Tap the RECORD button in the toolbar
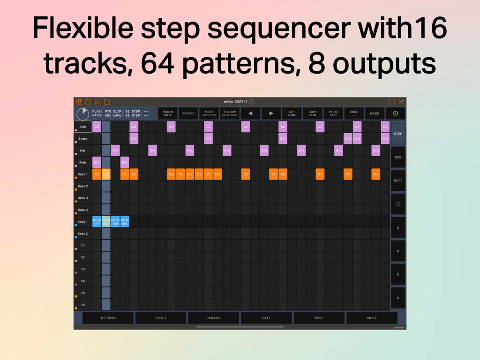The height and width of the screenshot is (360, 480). coord(188,113)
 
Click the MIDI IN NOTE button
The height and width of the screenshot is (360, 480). coord(167,113)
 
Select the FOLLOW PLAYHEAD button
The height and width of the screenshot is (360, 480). coord(230,113)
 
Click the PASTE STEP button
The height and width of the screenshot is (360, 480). coord(333,113)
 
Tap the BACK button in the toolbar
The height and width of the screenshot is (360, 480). coord(375,113)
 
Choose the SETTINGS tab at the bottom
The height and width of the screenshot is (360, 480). coord(108,318)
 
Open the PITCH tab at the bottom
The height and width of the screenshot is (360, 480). coord(161,318)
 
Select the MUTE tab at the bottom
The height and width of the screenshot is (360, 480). coord(372,318)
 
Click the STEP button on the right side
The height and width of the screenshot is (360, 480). coord(398,134)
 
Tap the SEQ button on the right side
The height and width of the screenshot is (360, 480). coord(398,157)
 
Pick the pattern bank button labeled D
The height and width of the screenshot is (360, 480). coord(398,298)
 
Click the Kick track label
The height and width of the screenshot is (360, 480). coord(83,127)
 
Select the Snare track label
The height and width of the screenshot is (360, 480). coord(83,139)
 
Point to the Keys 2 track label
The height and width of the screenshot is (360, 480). coord(83,233)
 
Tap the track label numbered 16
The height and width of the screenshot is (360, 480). coord(83,305)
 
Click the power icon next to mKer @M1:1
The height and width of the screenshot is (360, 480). coord(252,102)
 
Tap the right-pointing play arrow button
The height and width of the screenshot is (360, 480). coord(271,113)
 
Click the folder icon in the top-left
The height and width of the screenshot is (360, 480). coord(107,102)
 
